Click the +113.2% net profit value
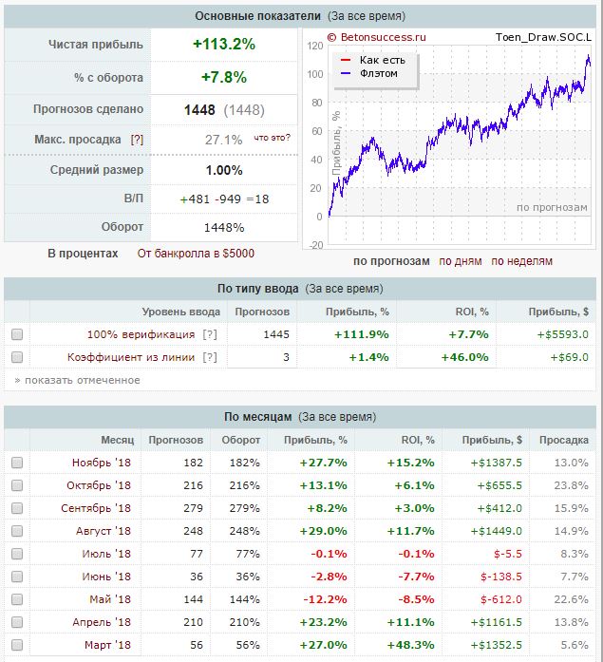coord(223,44)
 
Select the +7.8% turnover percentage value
coord(223,77)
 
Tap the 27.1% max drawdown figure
coord(223,140)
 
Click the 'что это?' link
coord(272,138)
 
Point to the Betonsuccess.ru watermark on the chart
coord(377,38)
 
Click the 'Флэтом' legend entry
coord(378,73)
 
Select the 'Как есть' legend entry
coord(382,60)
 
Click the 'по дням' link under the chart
coord(460,261)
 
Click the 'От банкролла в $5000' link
coord(196,254)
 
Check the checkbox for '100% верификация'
coord(17,334)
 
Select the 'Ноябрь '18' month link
coord(102,462)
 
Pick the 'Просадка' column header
coord(563,440)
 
